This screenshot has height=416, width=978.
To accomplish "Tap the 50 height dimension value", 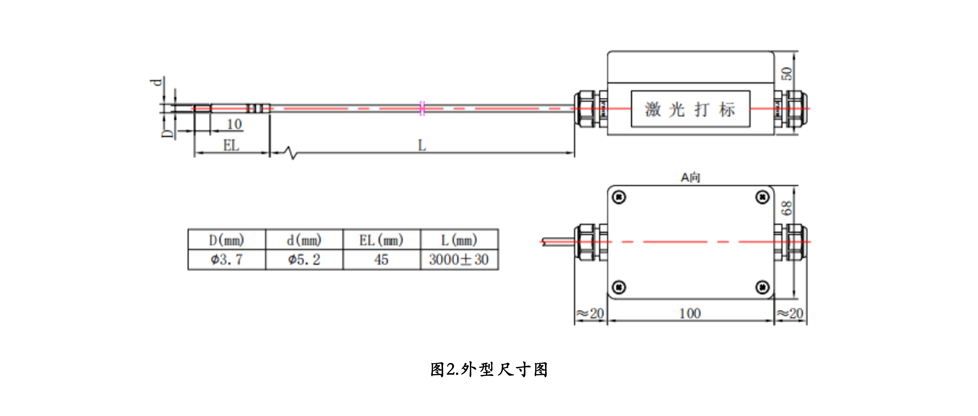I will pos(787,74).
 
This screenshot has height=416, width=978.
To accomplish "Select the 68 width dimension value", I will pos(787,208).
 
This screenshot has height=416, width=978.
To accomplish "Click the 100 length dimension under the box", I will pos(690,313).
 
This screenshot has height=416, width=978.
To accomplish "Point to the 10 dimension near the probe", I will pos(234,124).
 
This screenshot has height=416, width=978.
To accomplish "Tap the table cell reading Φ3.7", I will pos(227,260).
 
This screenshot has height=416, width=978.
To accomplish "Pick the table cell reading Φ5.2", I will pos(304,260).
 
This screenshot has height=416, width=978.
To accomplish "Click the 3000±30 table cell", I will pos(459,260).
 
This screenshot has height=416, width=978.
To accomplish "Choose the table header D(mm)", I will pos(227,240).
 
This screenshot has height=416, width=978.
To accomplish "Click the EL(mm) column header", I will pos(381,240).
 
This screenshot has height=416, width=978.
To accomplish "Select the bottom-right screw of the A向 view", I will pos(762,287).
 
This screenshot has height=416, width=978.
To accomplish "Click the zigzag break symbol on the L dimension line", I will pos(292,153).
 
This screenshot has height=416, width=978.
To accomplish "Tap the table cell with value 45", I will pos(381,260).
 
